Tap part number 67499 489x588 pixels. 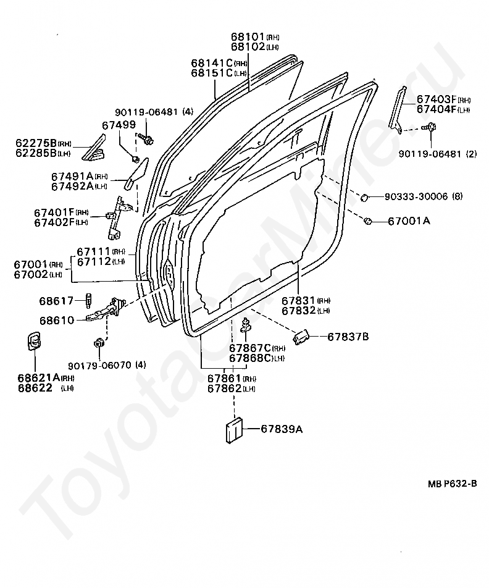point(119,125)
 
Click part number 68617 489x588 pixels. point(56,301)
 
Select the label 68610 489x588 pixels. point(56,321)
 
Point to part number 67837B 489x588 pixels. point(348,337)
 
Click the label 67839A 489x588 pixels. point(281,428)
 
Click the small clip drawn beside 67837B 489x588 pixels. point(301,337)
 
